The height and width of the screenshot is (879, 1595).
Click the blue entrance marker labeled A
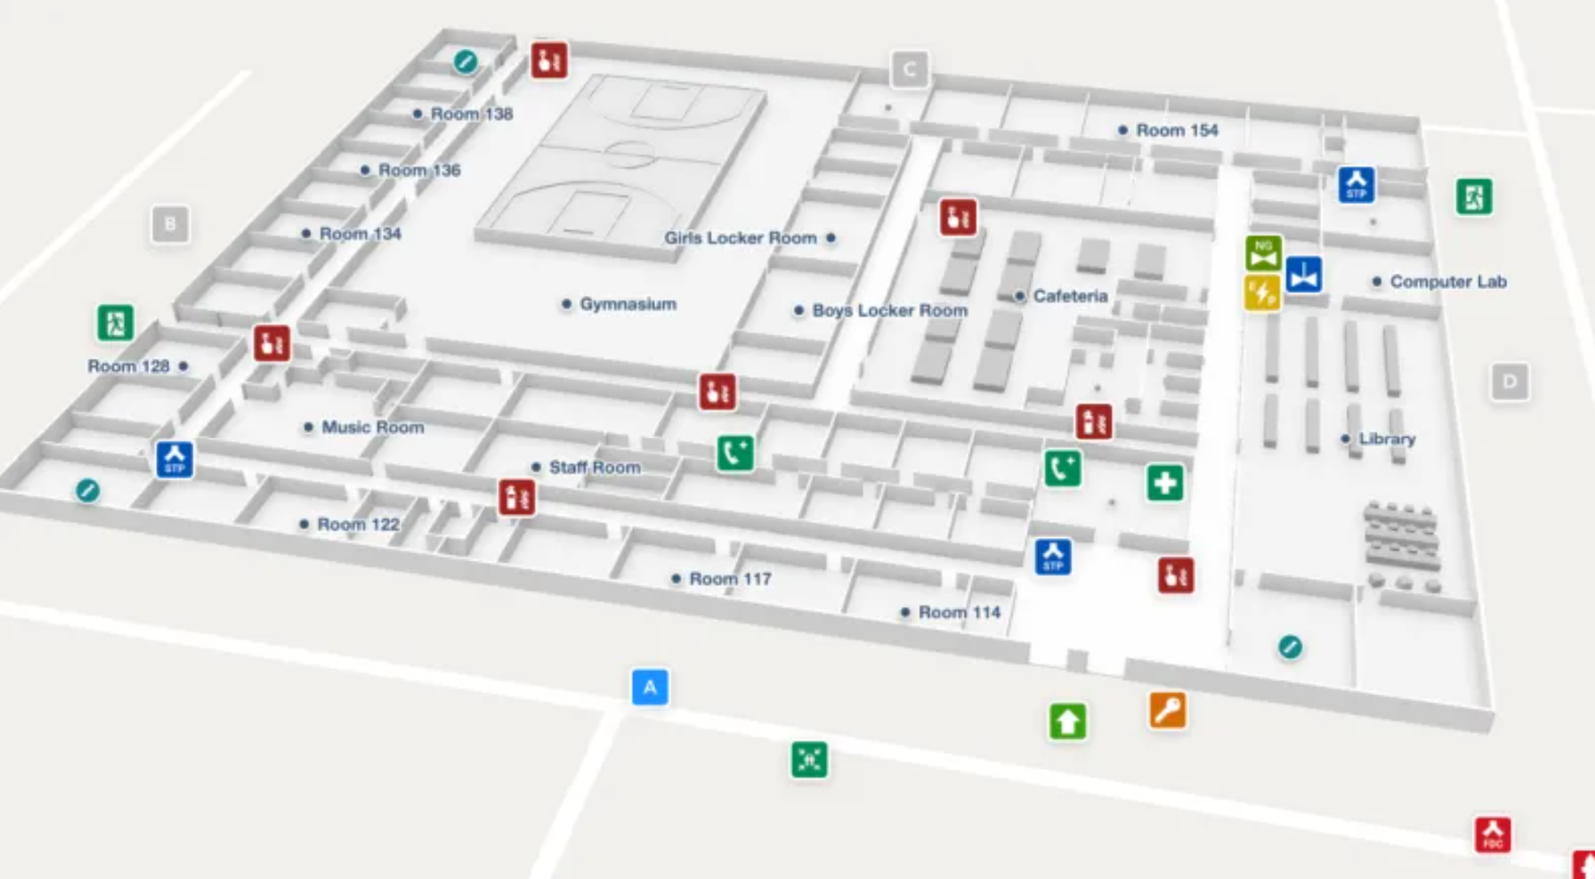point(649,687)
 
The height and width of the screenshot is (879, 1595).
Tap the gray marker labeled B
point(170,224)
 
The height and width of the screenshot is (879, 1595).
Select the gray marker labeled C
point(909,70)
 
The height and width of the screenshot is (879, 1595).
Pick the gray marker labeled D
point(1509,382)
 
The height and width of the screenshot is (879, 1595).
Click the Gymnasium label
point(627,305)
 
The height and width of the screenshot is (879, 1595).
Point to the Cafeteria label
point(1070,297)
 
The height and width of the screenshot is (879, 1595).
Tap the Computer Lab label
point(1448,282)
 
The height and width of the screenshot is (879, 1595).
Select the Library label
point(1387,439)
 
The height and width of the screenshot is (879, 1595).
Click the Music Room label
point(372,427)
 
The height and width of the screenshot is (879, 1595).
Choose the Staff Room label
point(594,467)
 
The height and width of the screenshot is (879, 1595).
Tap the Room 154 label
point(1176,130)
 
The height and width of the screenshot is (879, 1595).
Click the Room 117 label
point(729,579)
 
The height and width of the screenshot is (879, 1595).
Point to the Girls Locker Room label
point(740,238)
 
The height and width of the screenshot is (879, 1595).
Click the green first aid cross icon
point(1164,484)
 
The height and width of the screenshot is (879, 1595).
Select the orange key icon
point(1167,711)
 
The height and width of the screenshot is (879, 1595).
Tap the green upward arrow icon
point(1067,721)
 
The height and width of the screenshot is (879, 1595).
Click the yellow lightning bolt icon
point(1261,293)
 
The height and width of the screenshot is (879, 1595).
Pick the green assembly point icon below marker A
point(809,760)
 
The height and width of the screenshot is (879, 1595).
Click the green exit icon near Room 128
point(115,323)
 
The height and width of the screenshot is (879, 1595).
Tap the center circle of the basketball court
point(629,151)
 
